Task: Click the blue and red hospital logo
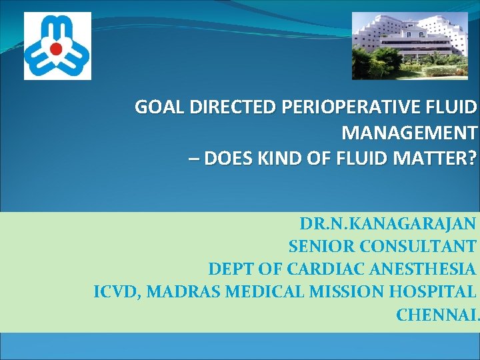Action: (57, 46)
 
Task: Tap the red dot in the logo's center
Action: (57, 48)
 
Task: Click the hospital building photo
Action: (410, 45)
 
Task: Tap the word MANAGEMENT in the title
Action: (409, 133)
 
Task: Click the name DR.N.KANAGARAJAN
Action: (388, 223)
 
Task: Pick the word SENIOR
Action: (321, 247)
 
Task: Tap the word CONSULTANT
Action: (418, 247)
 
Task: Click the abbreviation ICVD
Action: (115, 292)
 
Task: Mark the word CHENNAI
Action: (437, 315)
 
